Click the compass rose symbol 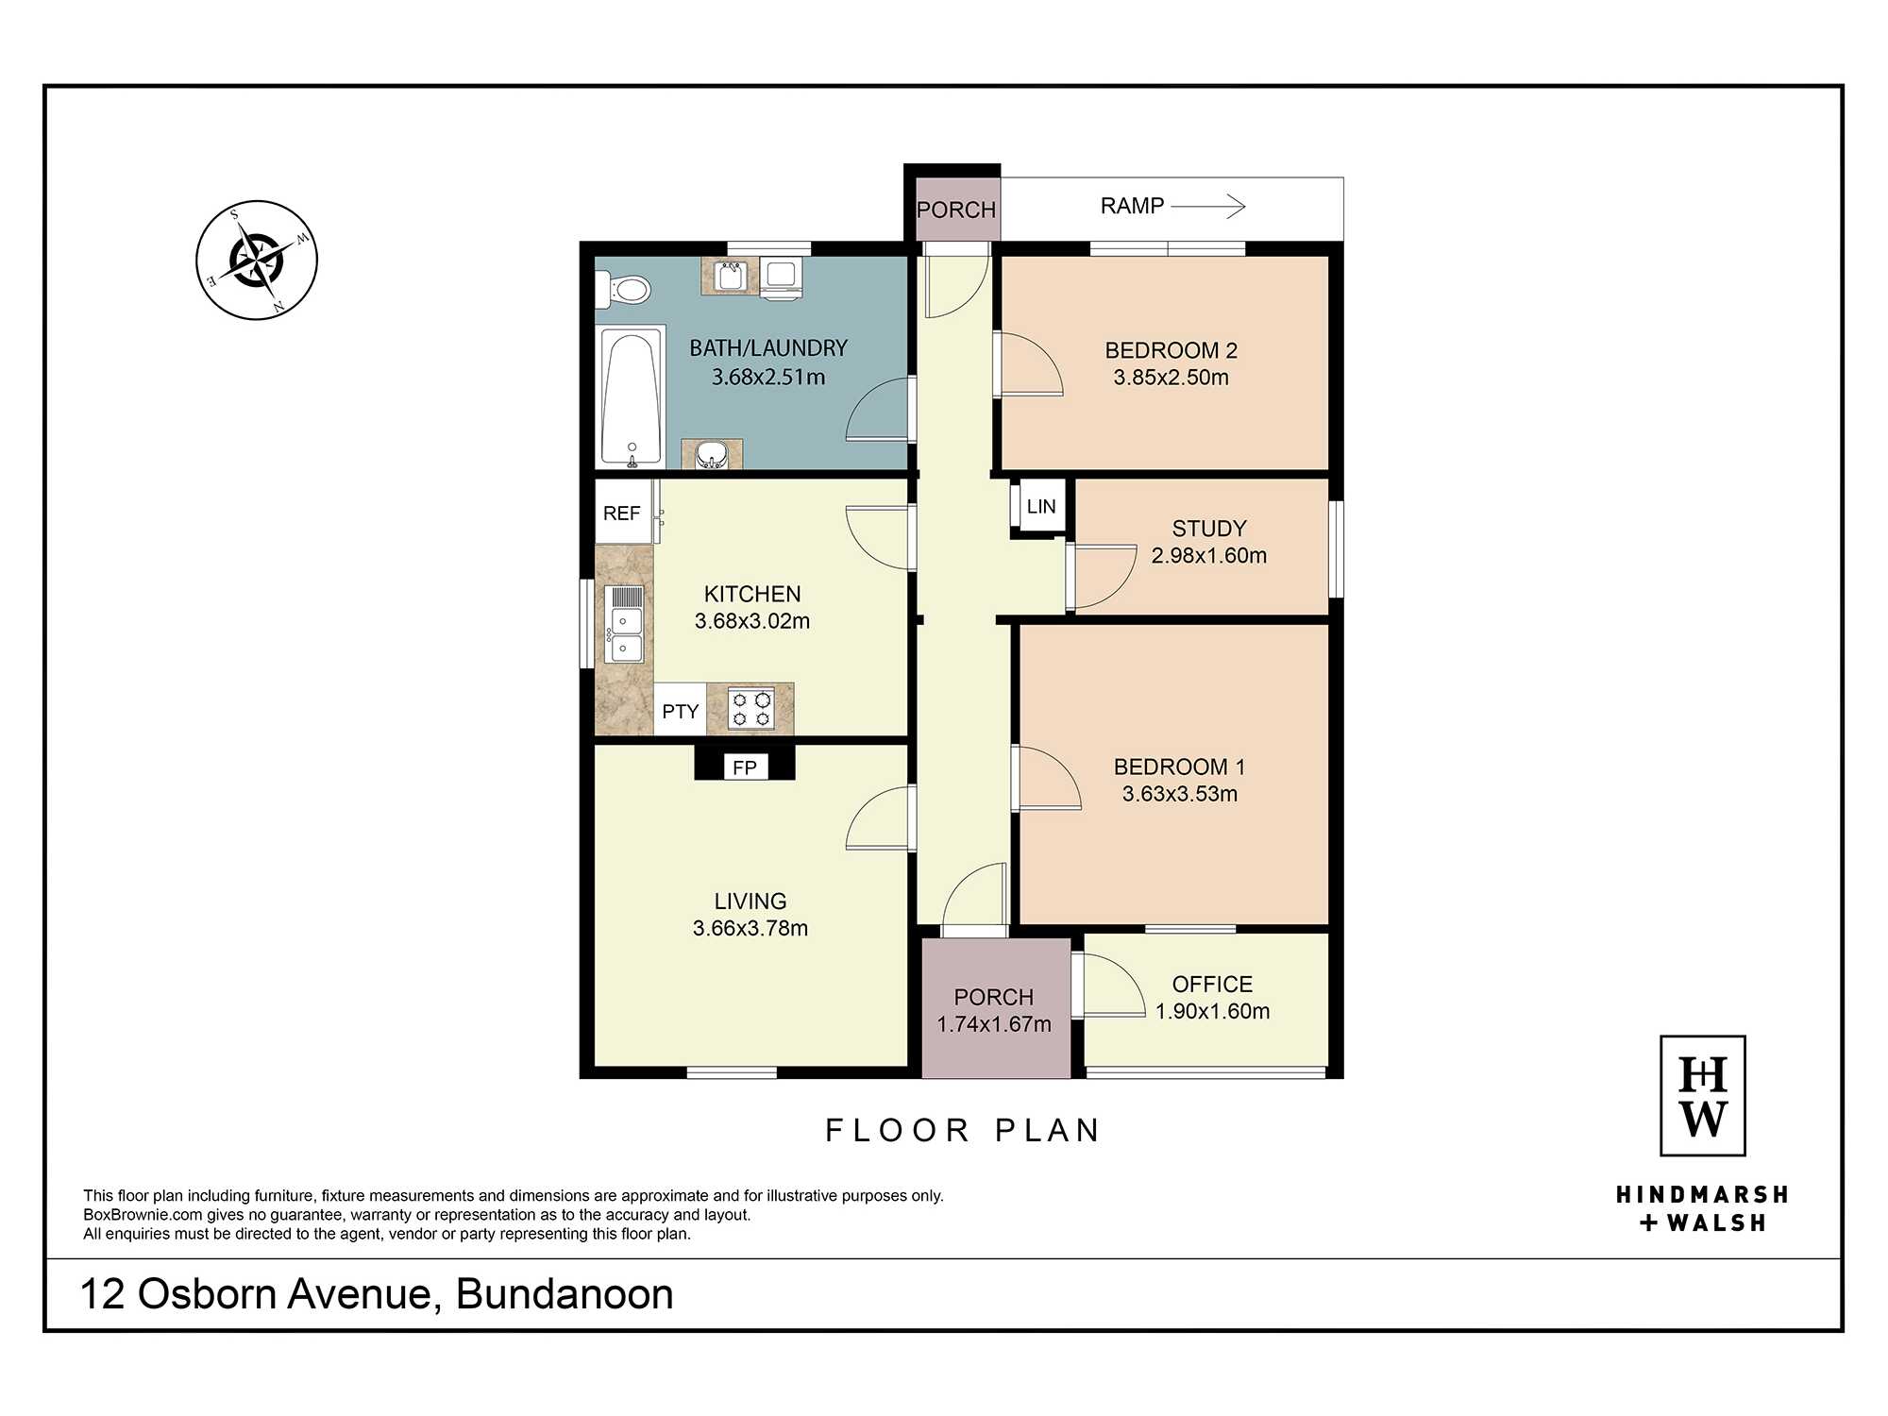pyautogui.click(x=257, y=260)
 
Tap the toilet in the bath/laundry pyautogui.click(x=623, y=289)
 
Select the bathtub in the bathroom pyautogui.click(x=631, y=397)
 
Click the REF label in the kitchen pyautogui.click(x=621, y=513)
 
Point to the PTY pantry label pyautogui.click(x=680, y=711)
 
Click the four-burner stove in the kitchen pyautogui.click(x=751, y=709)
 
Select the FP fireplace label pyautogui.click(x=745, y=767)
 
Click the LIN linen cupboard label pyautogui.click(x=1041, y=506)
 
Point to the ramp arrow pyautogui.click(x=1208, y=206)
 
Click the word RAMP pyautogui.click(x=1132, y=206)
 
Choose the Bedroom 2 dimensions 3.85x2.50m pyautogui.click(x=1171, y=378)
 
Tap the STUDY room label pyautogui.click(x=1209, y=529)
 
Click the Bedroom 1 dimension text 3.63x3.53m pyautogui.click(x=1180, y=794)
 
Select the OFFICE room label pyautogui.click(x=1212, y=985)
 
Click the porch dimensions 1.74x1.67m pyautogui.click(x=994, y=1024)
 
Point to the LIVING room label pyautogui.click(x=750, y=902)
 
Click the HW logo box pyautogui.click(x=1703, y=1096)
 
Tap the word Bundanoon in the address pyautogui.click(x=565, y=1294)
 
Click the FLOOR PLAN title pyautogui.click(x=963, y=1130)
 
